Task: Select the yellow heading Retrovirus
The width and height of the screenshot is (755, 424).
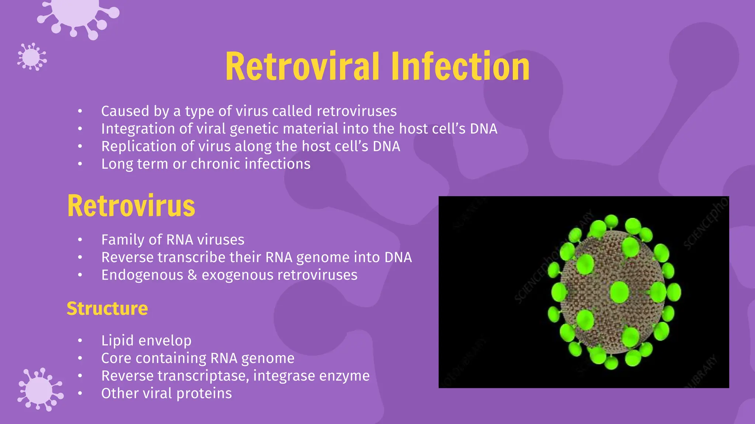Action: point(131,206)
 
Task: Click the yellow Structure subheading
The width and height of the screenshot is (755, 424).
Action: point(107,308)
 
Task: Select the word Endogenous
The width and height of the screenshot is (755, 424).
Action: point(142,275)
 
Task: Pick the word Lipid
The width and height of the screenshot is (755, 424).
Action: point(117,340)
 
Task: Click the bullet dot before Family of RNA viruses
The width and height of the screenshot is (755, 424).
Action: point(80,240)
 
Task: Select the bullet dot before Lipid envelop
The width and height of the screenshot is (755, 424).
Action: point(80,341)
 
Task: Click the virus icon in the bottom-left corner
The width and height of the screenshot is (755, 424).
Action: point(39,390)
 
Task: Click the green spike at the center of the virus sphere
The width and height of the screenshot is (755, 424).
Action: point(619,292)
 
